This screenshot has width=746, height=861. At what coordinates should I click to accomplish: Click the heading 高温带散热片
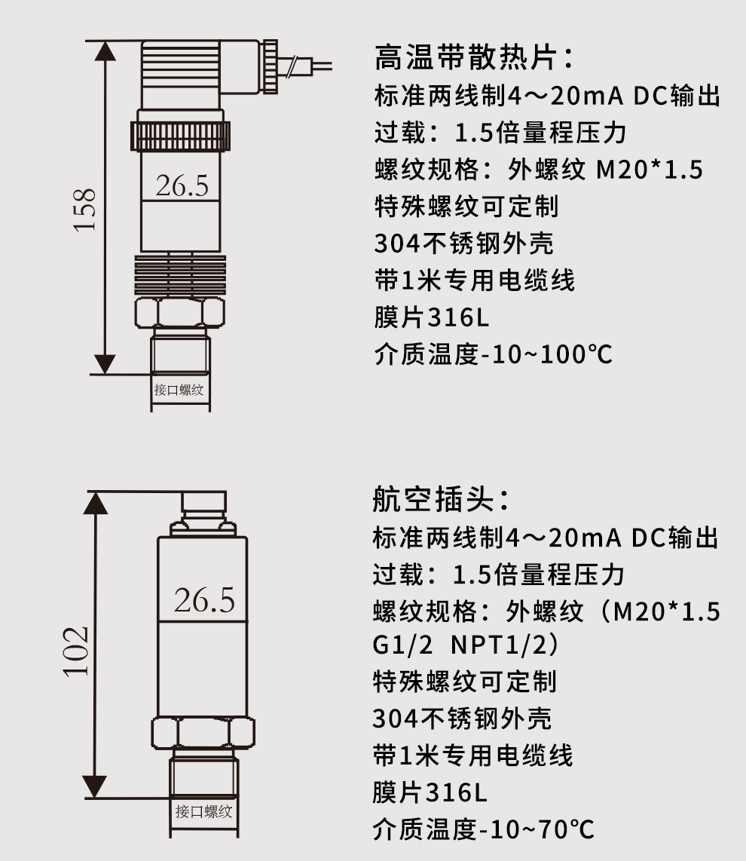click(473, 58)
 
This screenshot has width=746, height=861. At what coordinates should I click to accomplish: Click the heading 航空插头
click(441, 500)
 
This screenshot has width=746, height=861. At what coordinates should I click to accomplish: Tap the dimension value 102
click(76, 650)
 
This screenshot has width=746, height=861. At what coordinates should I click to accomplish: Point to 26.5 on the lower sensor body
click(204, 600)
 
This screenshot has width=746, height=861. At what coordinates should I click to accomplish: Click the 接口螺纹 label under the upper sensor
click(179, 391)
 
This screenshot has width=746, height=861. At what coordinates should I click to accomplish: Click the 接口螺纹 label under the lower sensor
click(203, 812)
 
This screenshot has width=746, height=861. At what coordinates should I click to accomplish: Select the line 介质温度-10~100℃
click(493, 354)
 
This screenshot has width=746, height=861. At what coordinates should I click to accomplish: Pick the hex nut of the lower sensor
click(202, 731)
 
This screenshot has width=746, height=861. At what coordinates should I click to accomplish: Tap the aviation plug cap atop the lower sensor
click(203, 504)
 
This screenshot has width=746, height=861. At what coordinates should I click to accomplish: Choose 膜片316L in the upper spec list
click(431, 317)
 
